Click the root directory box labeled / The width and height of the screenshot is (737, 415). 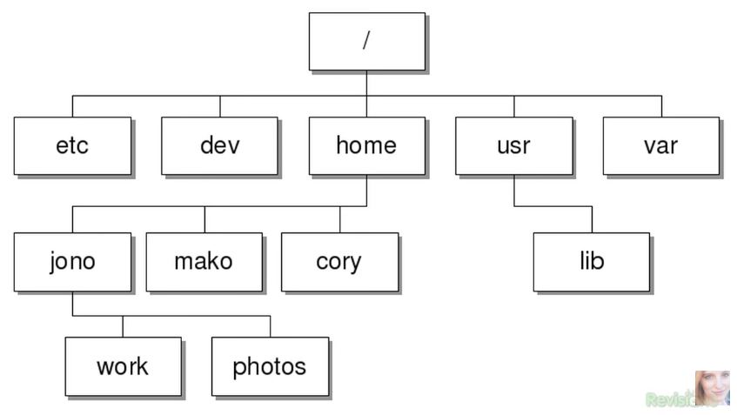click(366, 41)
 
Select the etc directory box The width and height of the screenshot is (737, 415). click(72, 145)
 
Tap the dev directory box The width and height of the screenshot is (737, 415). click(219, 145)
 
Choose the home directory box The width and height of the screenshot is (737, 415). click(366, 145)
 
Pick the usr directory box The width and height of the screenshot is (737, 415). click(513, 145)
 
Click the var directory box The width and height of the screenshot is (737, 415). click(660, 145)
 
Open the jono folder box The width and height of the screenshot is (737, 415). click(72, 261)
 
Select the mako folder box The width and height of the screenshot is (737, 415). click(204, 261)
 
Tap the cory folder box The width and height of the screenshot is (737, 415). click(339, 261)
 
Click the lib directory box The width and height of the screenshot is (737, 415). click(591, 261)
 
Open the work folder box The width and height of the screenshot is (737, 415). click(123, 366)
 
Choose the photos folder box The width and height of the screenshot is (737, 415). click(270, 366)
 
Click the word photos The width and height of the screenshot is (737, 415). click(270, 367)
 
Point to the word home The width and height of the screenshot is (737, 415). click(366, 145)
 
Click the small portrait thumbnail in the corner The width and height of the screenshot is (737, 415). click(712, 388)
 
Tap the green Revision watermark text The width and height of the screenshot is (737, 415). click(670, 399)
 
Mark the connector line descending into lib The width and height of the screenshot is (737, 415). click(592, 219)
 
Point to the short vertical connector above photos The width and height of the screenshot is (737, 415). click(270, 326)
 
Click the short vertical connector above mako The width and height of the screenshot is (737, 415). click(204, 219)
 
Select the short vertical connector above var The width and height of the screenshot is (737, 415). click(661, 106)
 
